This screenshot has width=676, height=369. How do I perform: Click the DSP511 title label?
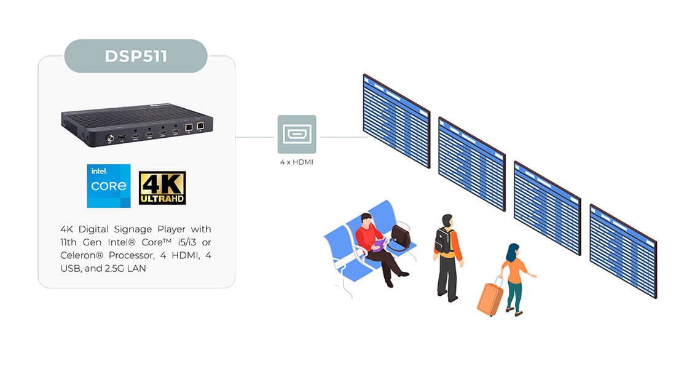pyautogui.click(x=136, y=56)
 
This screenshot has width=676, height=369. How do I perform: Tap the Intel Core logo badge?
pyautogui.click(x=109, y=186)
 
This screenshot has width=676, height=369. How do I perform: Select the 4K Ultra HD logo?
pyautogui.click(x=162, y=188)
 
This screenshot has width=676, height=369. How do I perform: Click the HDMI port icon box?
pyautogui.click(x=297, y=134)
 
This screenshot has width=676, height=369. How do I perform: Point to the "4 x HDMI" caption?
pyautogui.click(x=297, y=162)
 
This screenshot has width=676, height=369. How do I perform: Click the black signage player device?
pyautogui.click(x=137, y=125)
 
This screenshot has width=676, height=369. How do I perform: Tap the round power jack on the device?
pyautogui.click(x=111, y=138)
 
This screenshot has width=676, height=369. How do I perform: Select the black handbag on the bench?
pyautogui.click(x=401, y=237)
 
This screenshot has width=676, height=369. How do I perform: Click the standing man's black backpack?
pyautogui.click(x=443, y=241)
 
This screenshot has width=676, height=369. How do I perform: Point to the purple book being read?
pyautogui.click(x=379, y=244)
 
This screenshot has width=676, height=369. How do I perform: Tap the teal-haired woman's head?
pyautogui.click(x=513, y=251)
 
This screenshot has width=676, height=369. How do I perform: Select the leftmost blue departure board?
pyautogui.click(x=396, y=121)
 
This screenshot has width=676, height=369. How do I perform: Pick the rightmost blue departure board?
pyautogui.click(x=623, y=251)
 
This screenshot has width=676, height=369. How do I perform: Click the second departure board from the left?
pyautogui.click(x=471, y=164)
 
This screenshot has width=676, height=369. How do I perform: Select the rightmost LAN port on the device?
pyautogui.click(x=200, y=126)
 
